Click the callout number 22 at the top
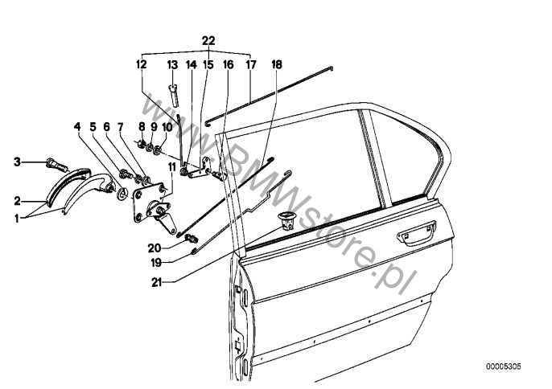pyautogui.click(x=208, y=40)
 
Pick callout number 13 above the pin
pyautogui.click(x=172, y=64)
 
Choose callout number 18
pyautogui.click(x=276, y=64)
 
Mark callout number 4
pyautogui.click(x=78, y=127)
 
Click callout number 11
pyautogui.click(x=172, y=166)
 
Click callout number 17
pyautogui.click(x=250, y=64)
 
